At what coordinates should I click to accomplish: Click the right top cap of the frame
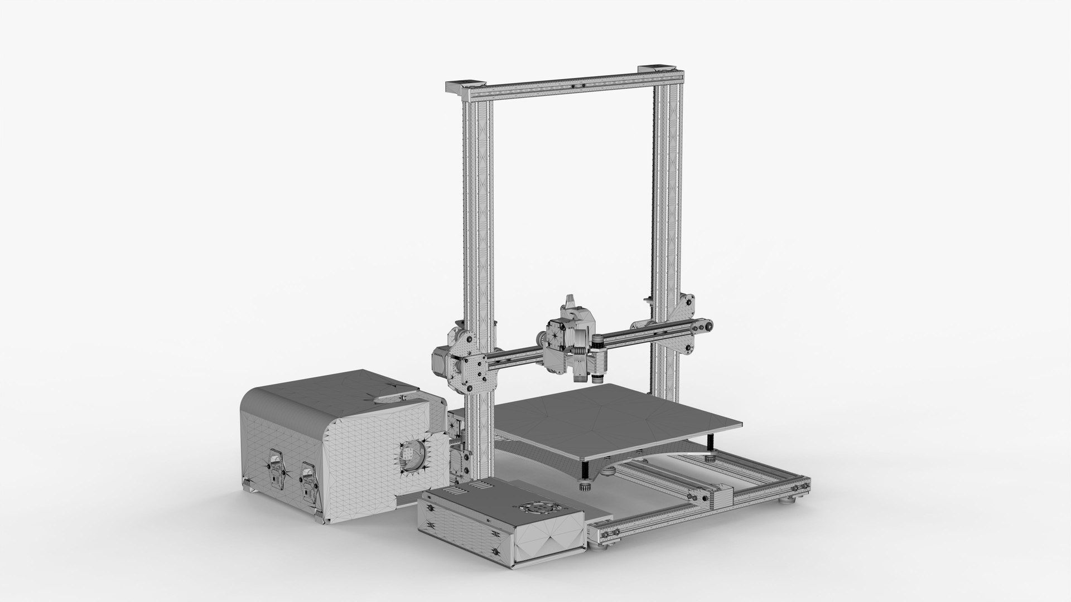point(660,69)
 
